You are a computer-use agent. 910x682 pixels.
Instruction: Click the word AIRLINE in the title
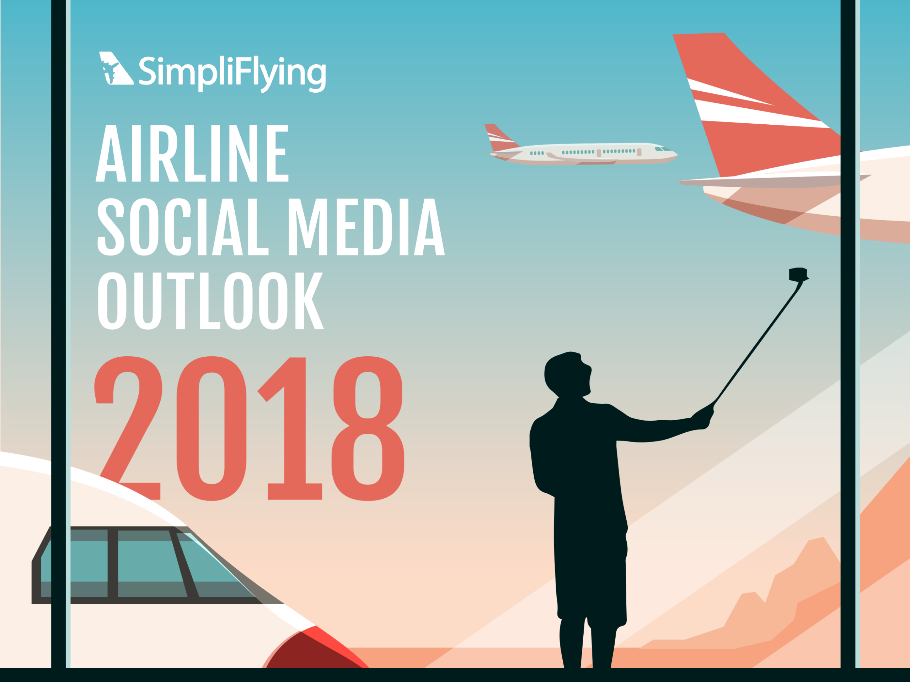(x=192, y=153)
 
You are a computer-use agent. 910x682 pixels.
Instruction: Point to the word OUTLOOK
(x=211, y=301)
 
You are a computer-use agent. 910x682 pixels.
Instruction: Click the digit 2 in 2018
(x=128, y=428)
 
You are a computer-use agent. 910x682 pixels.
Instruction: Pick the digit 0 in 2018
(x=212, y=428)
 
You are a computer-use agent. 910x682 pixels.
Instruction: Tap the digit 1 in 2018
(x=289, y=428)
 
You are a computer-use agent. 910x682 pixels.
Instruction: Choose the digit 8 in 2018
(x=368, y=428)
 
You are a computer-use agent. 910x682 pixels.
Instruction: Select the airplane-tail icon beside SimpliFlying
(x=116, y=68)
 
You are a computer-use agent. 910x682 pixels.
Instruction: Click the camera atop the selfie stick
(x=798, y=275)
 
